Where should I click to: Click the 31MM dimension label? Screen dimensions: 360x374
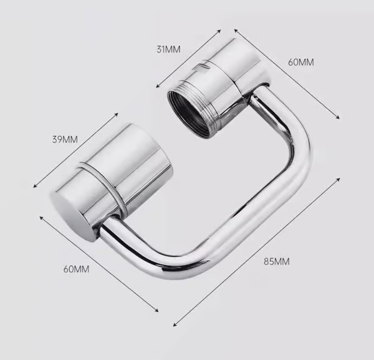(169, 50)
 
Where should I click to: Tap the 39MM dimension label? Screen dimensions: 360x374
(65, 139)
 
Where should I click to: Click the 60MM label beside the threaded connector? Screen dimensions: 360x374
(302, 62)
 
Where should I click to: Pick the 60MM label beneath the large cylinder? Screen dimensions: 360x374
(77, 269)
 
